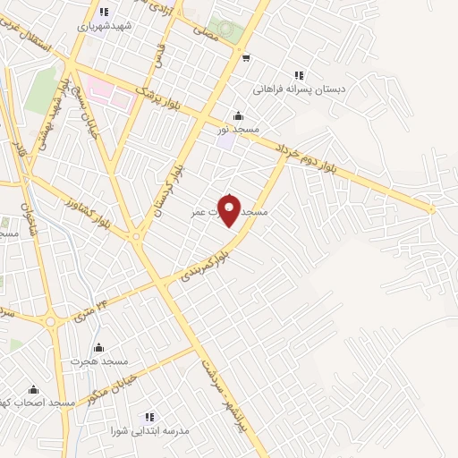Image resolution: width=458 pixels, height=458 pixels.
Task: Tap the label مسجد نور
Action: pos(237,129)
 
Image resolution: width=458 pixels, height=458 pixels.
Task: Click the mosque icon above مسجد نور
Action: pos(237,115)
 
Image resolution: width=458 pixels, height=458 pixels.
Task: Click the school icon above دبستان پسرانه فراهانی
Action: pos(299,76)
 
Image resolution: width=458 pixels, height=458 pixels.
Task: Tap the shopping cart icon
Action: pos(245,59)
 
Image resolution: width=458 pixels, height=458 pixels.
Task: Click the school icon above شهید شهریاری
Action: pos(104,13)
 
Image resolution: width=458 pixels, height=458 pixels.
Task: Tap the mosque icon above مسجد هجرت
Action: pos(99,347)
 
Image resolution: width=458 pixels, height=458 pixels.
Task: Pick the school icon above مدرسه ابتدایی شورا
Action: pos(150,416)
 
